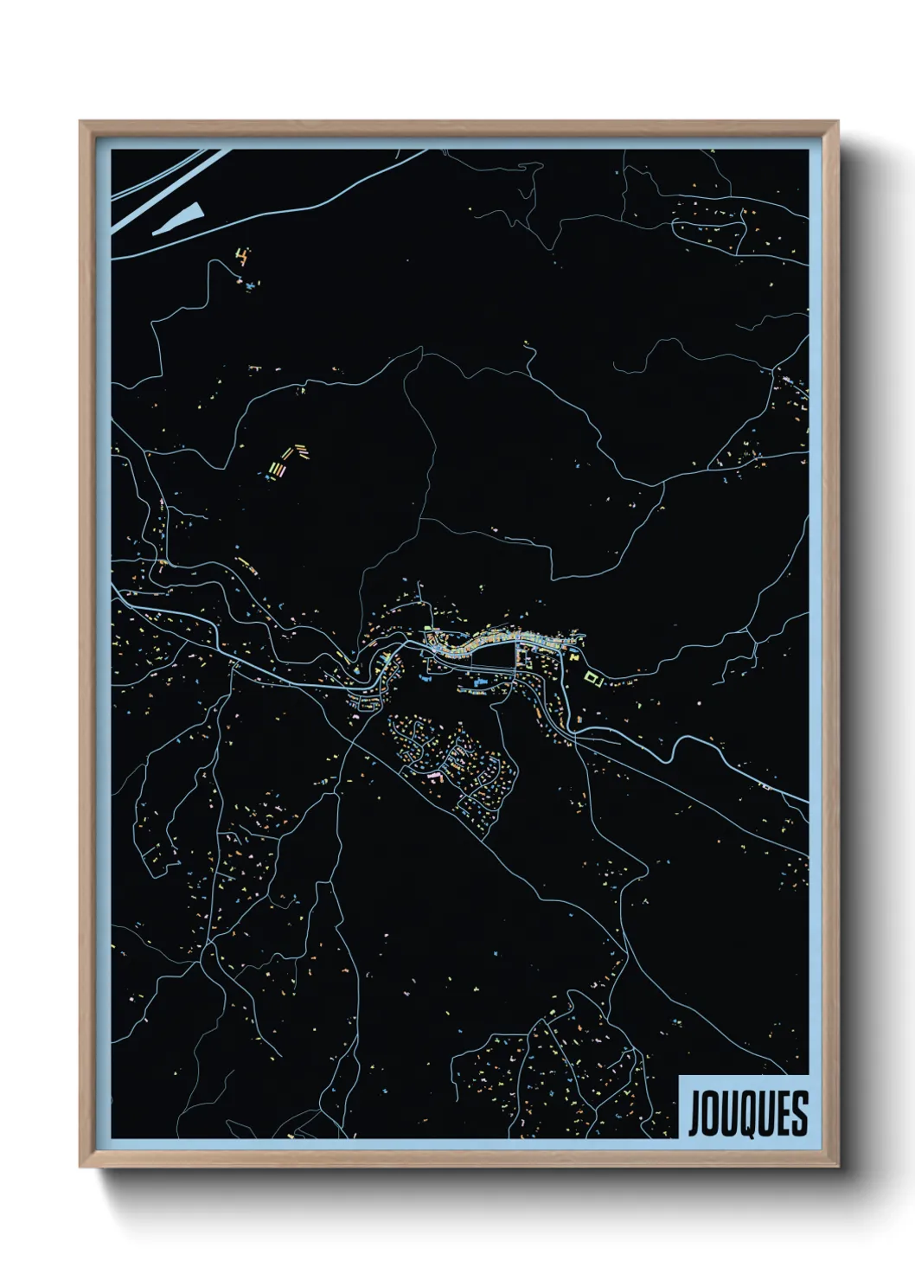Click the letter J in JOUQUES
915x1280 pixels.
[x=693, y=1113]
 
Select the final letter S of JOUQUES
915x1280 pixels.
[x=800, y=1113]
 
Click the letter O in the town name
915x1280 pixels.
[x=708, y=1113]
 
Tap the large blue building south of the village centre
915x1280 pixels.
[x=477, y=685]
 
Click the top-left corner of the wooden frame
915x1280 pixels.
[x=80, y=122]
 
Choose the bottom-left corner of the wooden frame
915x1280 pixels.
[x=80, y=1167]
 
